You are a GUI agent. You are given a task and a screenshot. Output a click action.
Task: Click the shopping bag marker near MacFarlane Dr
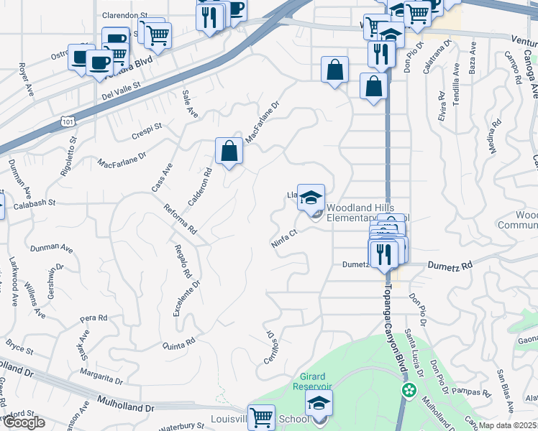(229, 152)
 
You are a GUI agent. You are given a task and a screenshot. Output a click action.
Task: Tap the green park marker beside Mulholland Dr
(409, 391)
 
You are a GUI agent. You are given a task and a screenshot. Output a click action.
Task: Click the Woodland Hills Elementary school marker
(311, 199)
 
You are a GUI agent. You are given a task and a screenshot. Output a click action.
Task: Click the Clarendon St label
(124, 14)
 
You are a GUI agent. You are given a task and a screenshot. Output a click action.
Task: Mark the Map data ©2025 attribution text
(508, 425)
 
